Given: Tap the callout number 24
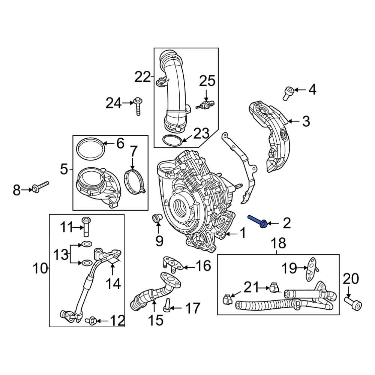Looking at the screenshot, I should (x=113, y=103).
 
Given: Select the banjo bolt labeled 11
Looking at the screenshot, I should (x=86, y=226).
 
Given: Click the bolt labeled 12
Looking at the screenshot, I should (x=92, y=320).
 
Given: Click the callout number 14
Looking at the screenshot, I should (x=112, y=284).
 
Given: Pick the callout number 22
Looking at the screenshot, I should (x=142, y=78).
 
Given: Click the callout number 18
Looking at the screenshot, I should (x=278, y=243).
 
